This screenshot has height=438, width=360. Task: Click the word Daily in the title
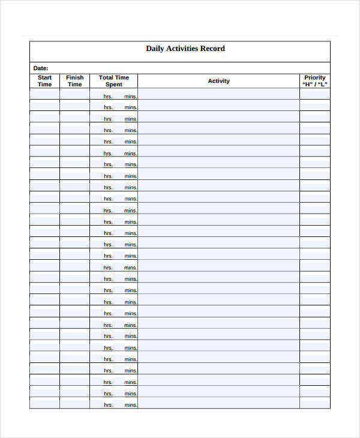(x=155, y=49)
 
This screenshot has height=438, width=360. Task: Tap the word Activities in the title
(x=184, y=49)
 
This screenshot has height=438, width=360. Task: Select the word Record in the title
(x=214, y=49)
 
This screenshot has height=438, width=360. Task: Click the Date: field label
(x=41, y=68)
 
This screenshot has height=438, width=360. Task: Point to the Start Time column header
(x=45, y=81)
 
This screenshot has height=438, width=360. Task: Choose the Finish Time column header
(x=75, y=81)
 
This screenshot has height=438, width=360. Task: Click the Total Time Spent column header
(x=114, y=81)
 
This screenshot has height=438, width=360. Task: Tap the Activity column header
(x=218, y=81)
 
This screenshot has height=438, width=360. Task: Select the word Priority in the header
(x=315, y=77)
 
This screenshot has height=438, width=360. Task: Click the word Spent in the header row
(x=114, y=85)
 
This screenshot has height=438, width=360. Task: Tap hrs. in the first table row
(x=108, y=96)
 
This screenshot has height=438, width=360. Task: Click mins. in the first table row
(x=131, y=96)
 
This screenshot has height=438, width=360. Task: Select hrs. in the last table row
(x=108, y=405)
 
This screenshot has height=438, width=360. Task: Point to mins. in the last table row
(x=131, y=405)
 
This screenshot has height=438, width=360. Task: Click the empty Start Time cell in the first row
(x=45, y=94)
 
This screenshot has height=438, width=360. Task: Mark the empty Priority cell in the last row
(x=315, y=403)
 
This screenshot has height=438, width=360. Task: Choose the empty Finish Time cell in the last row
(x=75, y=403)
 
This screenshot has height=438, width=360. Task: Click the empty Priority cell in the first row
(x=315, y=94)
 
